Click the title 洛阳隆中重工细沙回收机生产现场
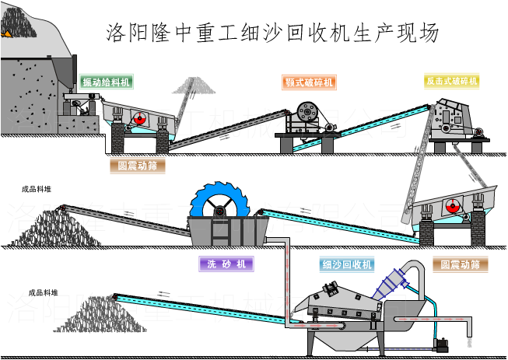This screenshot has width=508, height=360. (272, 33)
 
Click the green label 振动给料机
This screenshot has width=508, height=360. (106, 82)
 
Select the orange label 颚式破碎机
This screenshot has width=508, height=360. (308, 82)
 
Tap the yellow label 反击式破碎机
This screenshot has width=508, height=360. (451, 81)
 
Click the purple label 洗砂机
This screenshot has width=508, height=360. (226, 264)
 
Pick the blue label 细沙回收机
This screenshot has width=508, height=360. (347, 264)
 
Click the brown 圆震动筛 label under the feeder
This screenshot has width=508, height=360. (137, 165)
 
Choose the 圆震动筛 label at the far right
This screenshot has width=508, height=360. (460, 264)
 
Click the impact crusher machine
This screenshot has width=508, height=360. (451, 117)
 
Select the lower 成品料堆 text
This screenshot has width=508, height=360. (43, 292)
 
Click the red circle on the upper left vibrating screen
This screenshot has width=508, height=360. (140, 118)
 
